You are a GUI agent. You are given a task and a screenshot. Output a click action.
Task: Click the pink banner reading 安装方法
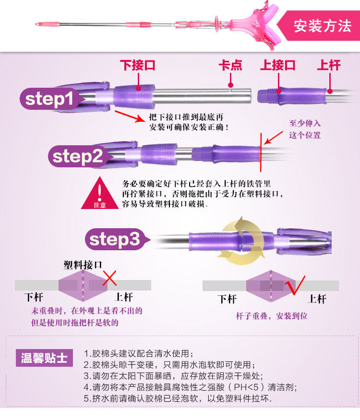[323, 24]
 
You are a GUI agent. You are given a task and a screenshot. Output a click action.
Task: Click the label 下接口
[137, 65]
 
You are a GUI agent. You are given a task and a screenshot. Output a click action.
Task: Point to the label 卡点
[230, 65]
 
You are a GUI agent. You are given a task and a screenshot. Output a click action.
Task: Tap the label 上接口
[278, 65]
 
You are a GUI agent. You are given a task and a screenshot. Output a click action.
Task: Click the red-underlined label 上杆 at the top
[329, 65]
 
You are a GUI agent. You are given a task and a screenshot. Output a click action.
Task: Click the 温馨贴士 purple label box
[44, 358]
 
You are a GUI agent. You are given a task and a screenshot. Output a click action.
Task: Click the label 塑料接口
[83, 265]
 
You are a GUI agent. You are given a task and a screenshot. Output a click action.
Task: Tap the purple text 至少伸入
[304, 124]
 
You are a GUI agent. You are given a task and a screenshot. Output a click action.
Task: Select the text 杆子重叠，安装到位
[271, 316]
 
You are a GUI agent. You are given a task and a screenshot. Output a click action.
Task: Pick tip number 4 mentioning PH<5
[190, 387]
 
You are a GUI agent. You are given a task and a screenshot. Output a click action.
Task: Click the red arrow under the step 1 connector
[129, 116]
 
